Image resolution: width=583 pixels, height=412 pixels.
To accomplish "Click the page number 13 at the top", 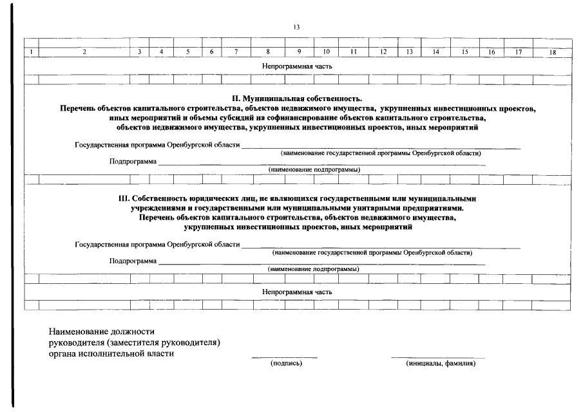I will pos(296,27).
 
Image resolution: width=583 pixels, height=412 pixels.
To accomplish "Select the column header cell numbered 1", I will pos(32,52).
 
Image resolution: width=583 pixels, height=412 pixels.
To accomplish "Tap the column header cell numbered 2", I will pos(84,52).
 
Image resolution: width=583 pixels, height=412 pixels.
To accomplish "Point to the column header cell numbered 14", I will pos(435,52).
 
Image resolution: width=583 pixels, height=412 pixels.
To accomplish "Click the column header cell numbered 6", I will pos(211,52).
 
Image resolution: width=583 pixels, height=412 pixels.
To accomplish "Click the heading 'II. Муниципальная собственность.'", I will pos(297,99).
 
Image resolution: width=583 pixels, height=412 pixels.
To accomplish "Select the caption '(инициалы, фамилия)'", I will pos(441,364).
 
